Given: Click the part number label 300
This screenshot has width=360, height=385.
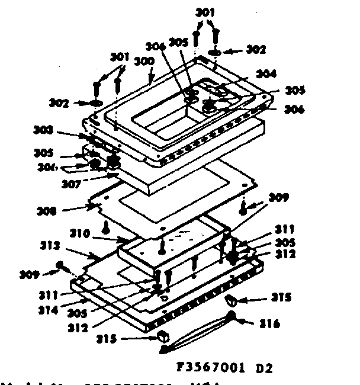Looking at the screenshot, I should coord(144,61).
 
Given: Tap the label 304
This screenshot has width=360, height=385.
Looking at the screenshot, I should coord(266,74).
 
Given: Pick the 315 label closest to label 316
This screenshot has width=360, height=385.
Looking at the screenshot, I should coord(281,298).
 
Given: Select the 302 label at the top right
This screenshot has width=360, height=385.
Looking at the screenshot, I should coord(256,50).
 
